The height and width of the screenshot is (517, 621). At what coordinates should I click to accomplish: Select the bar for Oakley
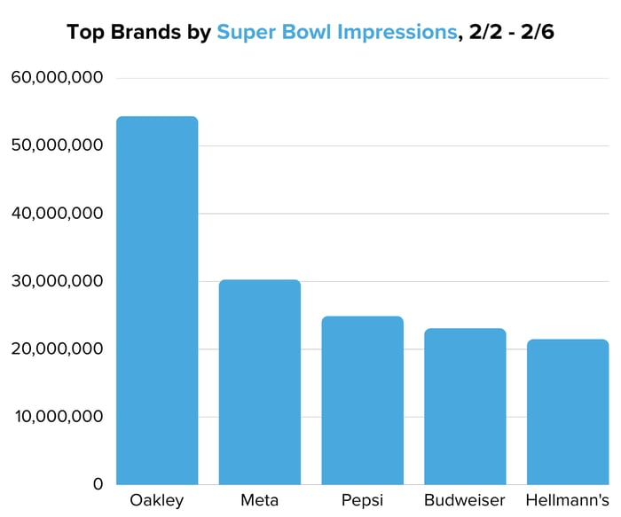pos(157,301)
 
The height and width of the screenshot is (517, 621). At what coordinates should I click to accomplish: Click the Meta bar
pos(260,382)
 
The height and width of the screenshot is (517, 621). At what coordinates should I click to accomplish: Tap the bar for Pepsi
pos(362,400)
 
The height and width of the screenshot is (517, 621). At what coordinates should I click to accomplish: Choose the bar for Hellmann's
pos(568,411)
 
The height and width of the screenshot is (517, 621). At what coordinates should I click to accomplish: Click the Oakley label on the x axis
pos(157,500)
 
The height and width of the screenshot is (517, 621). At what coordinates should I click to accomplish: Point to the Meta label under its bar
pos(260,500)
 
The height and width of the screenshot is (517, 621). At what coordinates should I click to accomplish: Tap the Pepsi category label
pos(362,501)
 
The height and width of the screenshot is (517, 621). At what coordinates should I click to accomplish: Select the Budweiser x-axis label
pos(465,500)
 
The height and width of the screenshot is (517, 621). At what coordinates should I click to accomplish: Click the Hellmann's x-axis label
pos(568,500)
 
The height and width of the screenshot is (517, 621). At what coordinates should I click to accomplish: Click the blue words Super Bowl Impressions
pos(335,33)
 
